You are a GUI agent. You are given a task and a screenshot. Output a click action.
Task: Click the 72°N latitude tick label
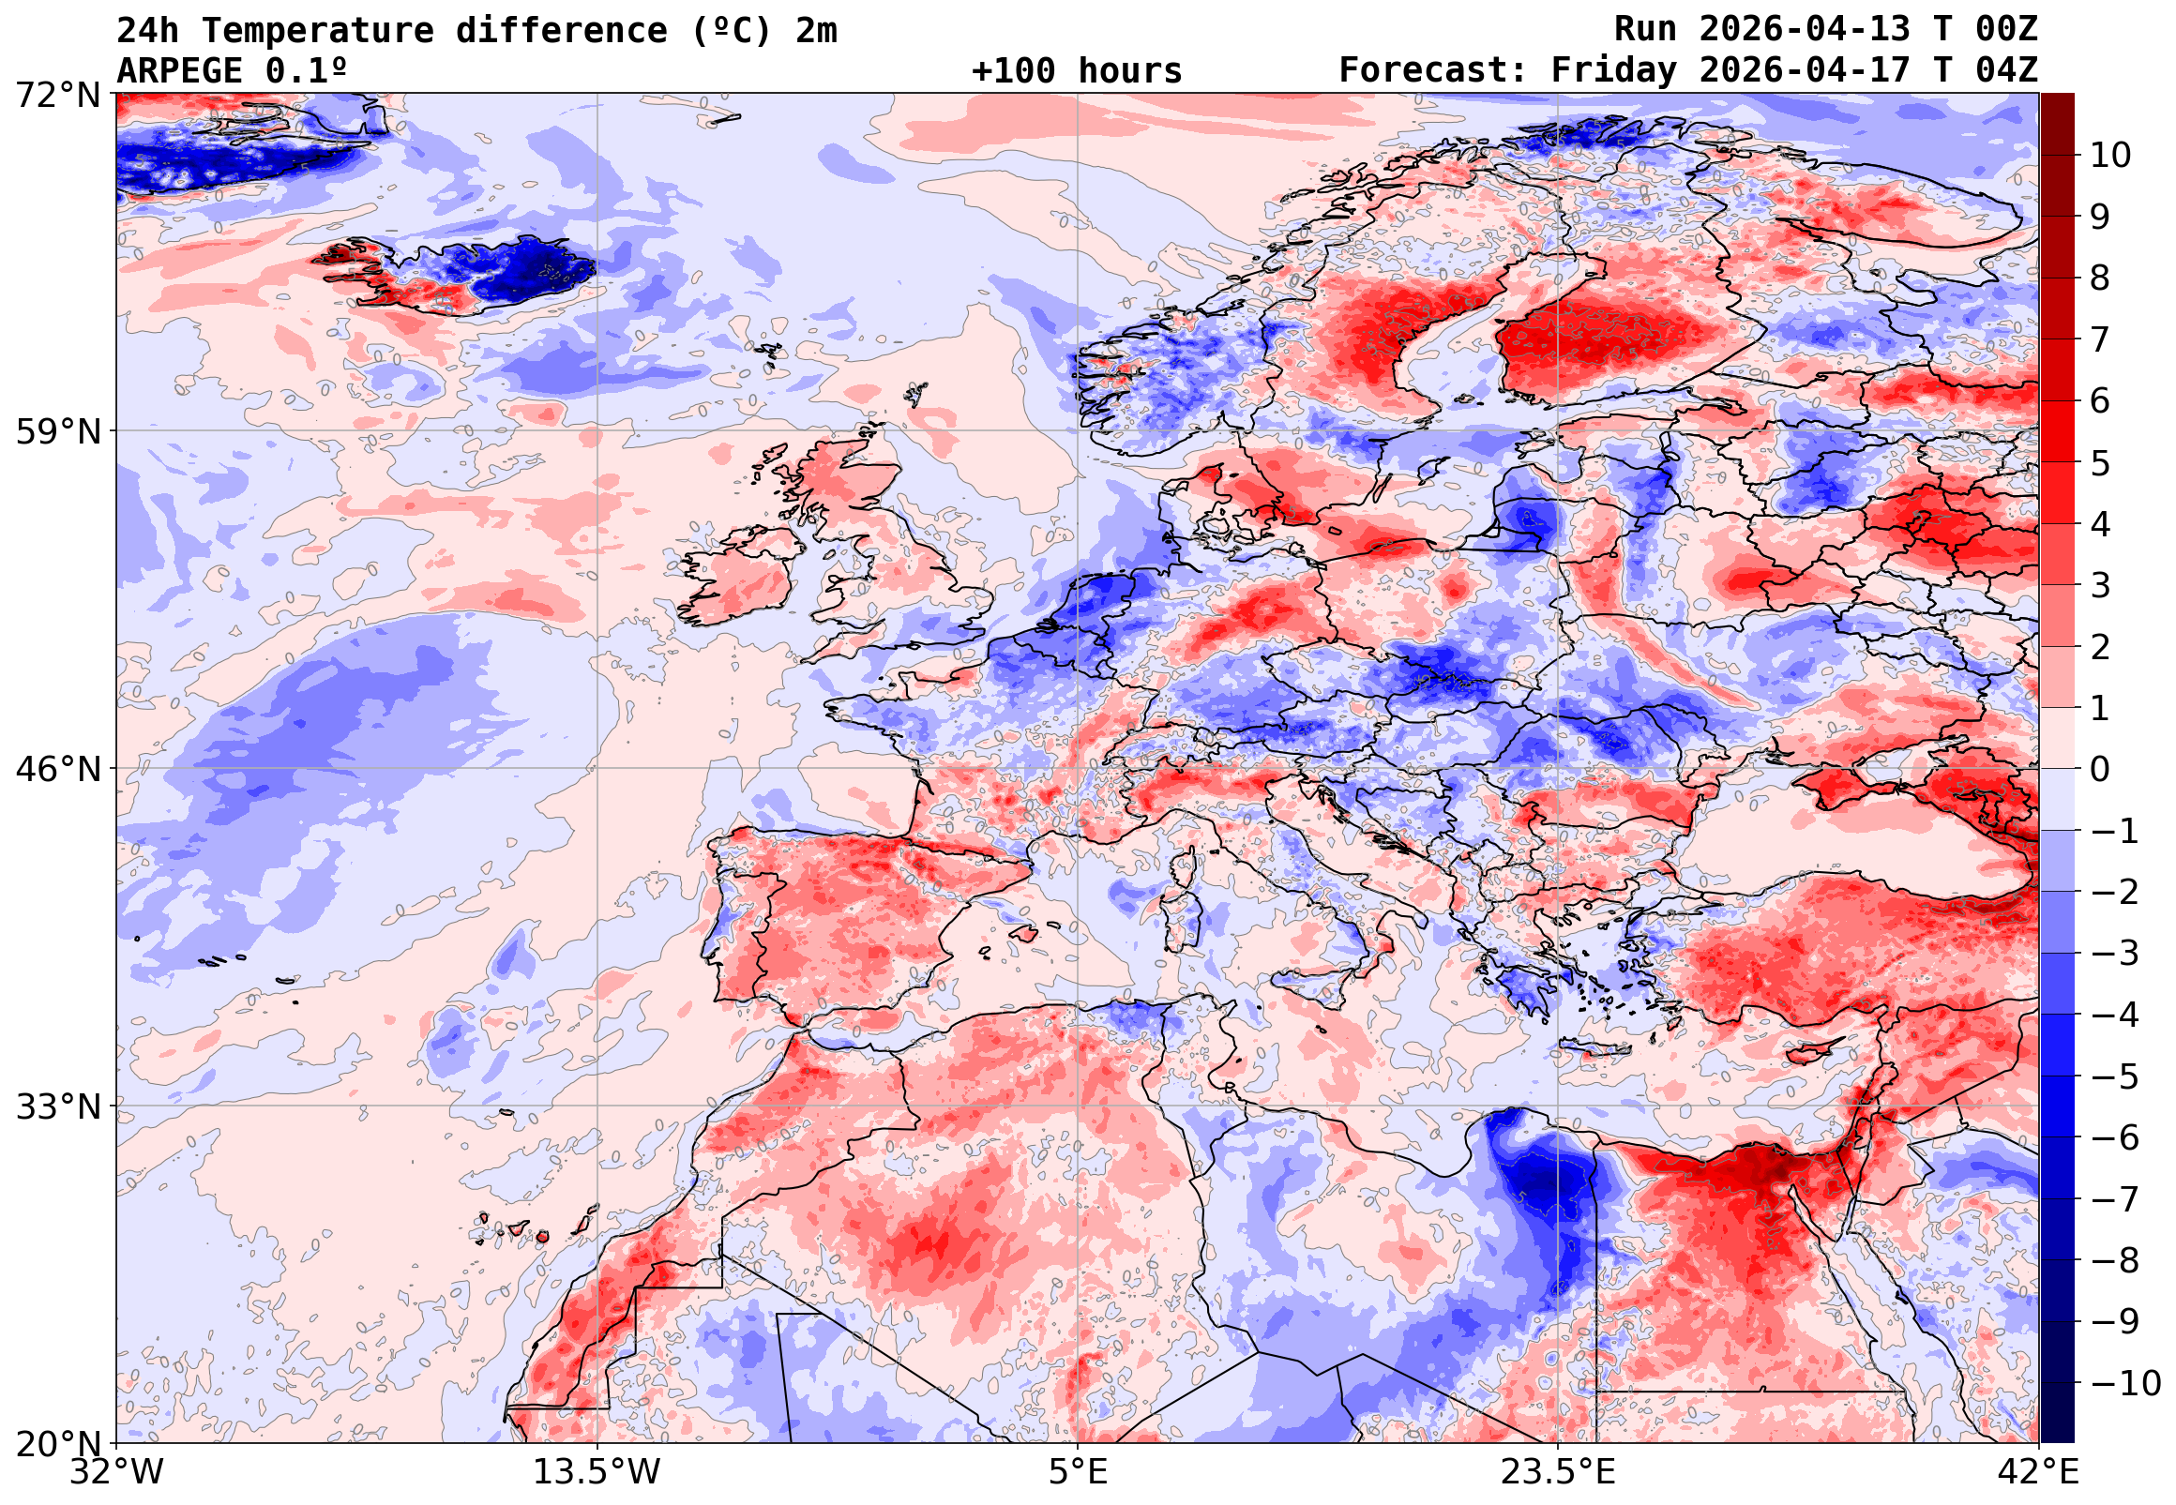tap(57, 95)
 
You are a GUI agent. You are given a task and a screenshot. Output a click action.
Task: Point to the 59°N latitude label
tap(57, 432)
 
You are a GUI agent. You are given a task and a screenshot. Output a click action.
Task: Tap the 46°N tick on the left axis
tap(57, 770)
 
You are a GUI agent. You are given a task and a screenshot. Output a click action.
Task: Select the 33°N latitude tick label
tap(57, 1106)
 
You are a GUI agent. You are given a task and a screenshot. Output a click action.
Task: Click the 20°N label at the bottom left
tap(57, 1444)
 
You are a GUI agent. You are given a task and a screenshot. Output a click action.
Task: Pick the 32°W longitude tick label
tap(117, 1472)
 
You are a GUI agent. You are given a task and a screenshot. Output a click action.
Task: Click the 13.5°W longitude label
tap(597, 1472)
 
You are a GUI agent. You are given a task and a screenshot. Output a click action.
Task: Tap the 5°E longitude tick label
tap(1078, 1472)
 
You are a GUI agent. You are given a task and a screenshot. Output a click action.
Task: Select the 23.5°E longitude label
tap(1557, 1472)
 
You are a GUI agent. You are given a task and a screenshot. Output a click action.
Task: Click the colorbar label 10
tap(2110, 156)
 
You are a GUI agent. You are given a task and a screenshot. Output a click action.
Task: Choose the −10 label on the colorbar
tap(2125, 1383)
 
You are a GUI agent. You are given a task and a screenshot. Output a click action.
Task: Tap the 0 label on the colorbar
tap(2100, 770)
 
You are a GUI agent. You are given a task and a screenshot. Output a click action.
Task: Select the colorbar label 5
tap(2100, 464)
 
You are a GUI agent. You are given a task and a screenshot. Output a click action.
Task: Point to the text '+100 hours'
tap(1076, 70)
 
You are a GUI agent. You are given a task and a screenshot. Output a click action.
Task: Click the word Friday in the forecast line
tap(1614, 70)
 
